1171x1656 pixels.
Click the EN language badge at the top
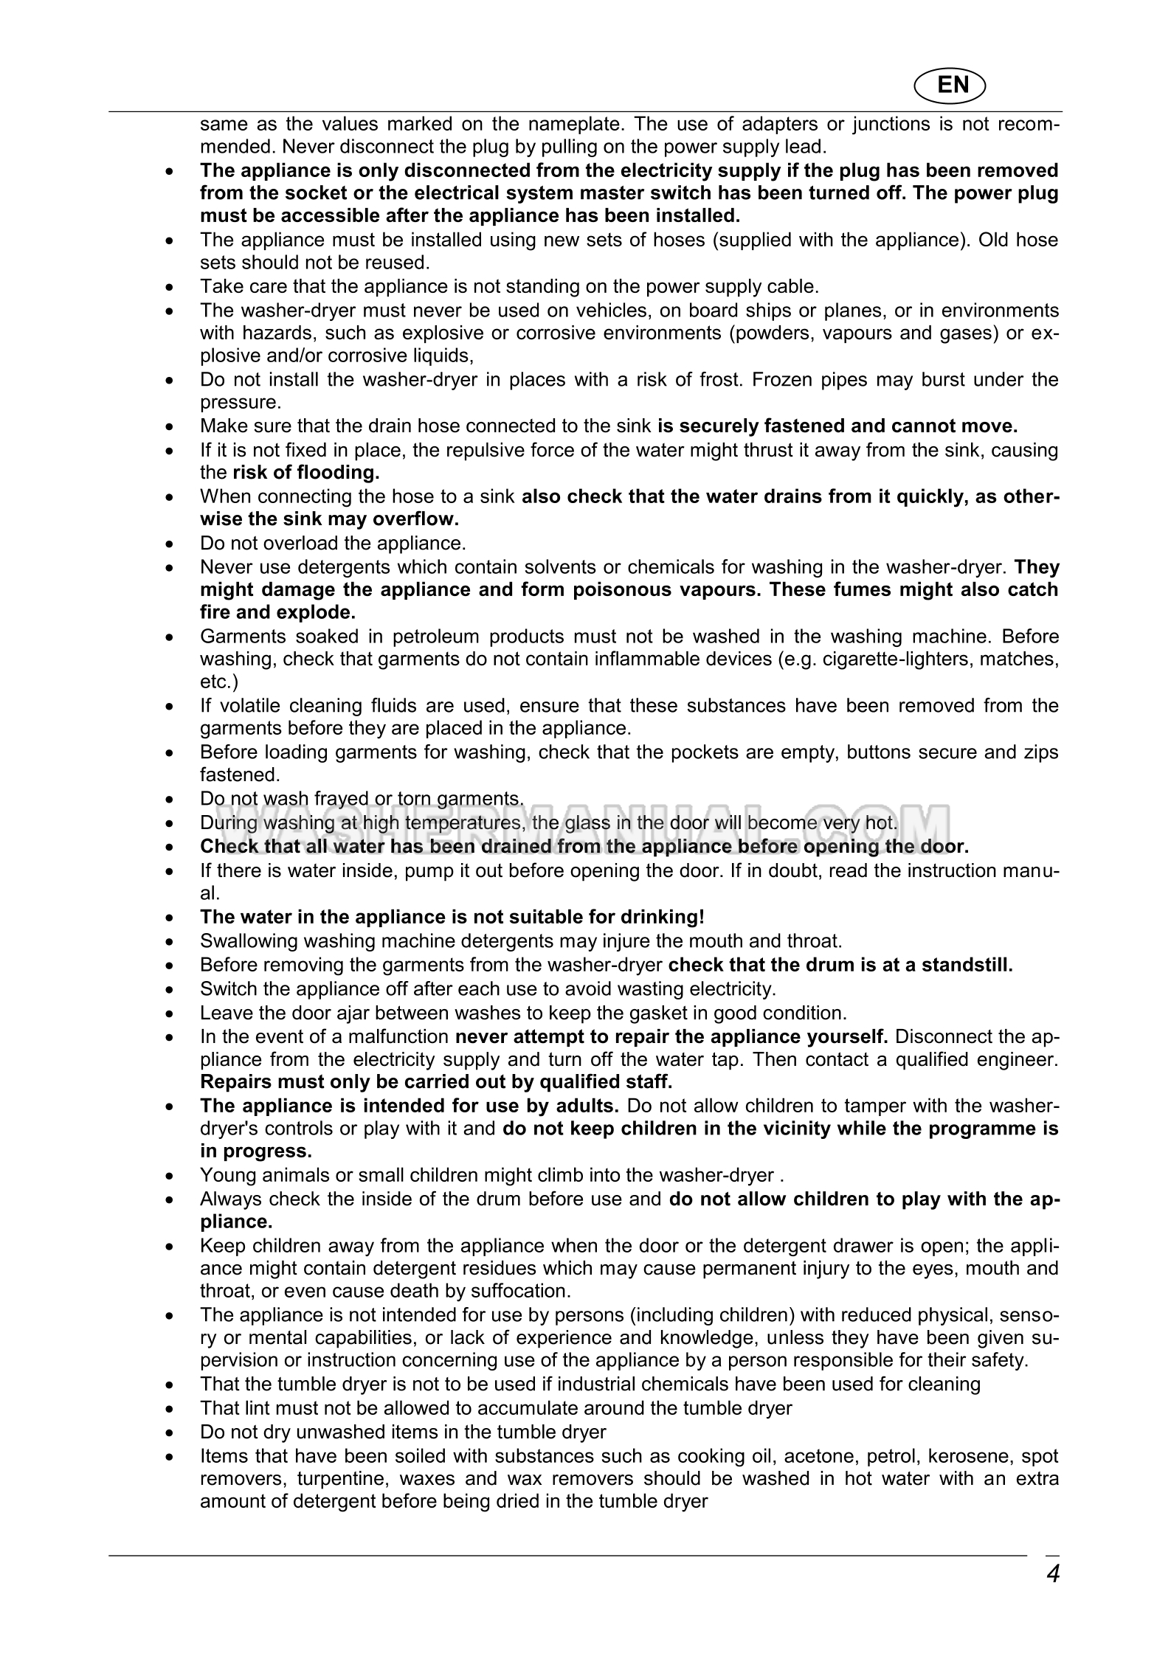(952, 85)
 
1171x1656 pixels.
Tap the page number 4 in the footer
(1052, 1573)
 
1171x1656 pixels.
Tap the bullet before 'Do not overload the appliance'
(171, 544)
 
